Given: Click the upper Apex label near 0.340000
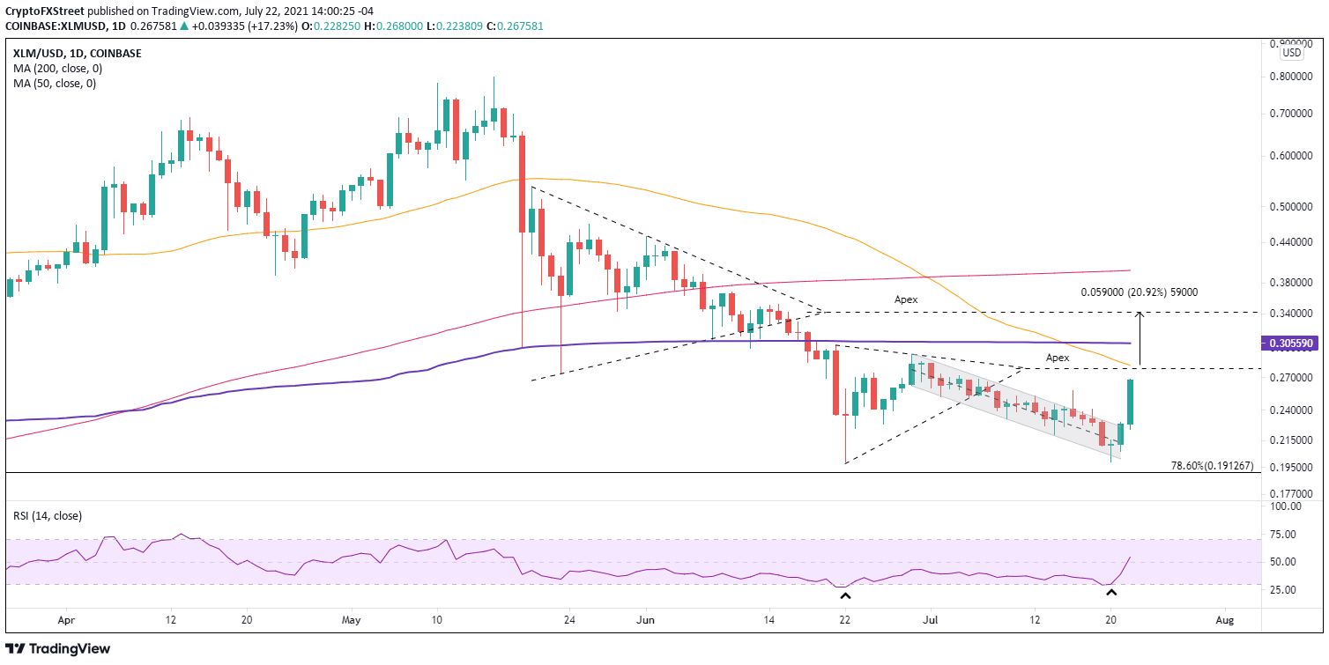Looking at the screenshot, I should point(905,299).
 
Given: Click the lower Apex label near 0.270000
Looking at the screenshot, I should point(1058,358).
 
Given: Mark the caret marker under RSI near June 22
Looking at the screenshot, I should point(845,596).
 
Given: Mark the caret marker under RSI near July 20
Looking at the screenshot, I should point(1110,594).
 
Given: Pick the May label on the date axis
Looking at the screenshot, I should point(351,620).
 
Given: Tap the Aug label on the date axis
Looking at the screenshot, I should point(1224,620).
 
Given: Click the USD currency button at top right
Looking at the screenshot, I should point(1291,53).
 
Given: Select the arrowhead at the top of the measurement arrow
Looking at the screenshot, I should point(1140,314).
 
